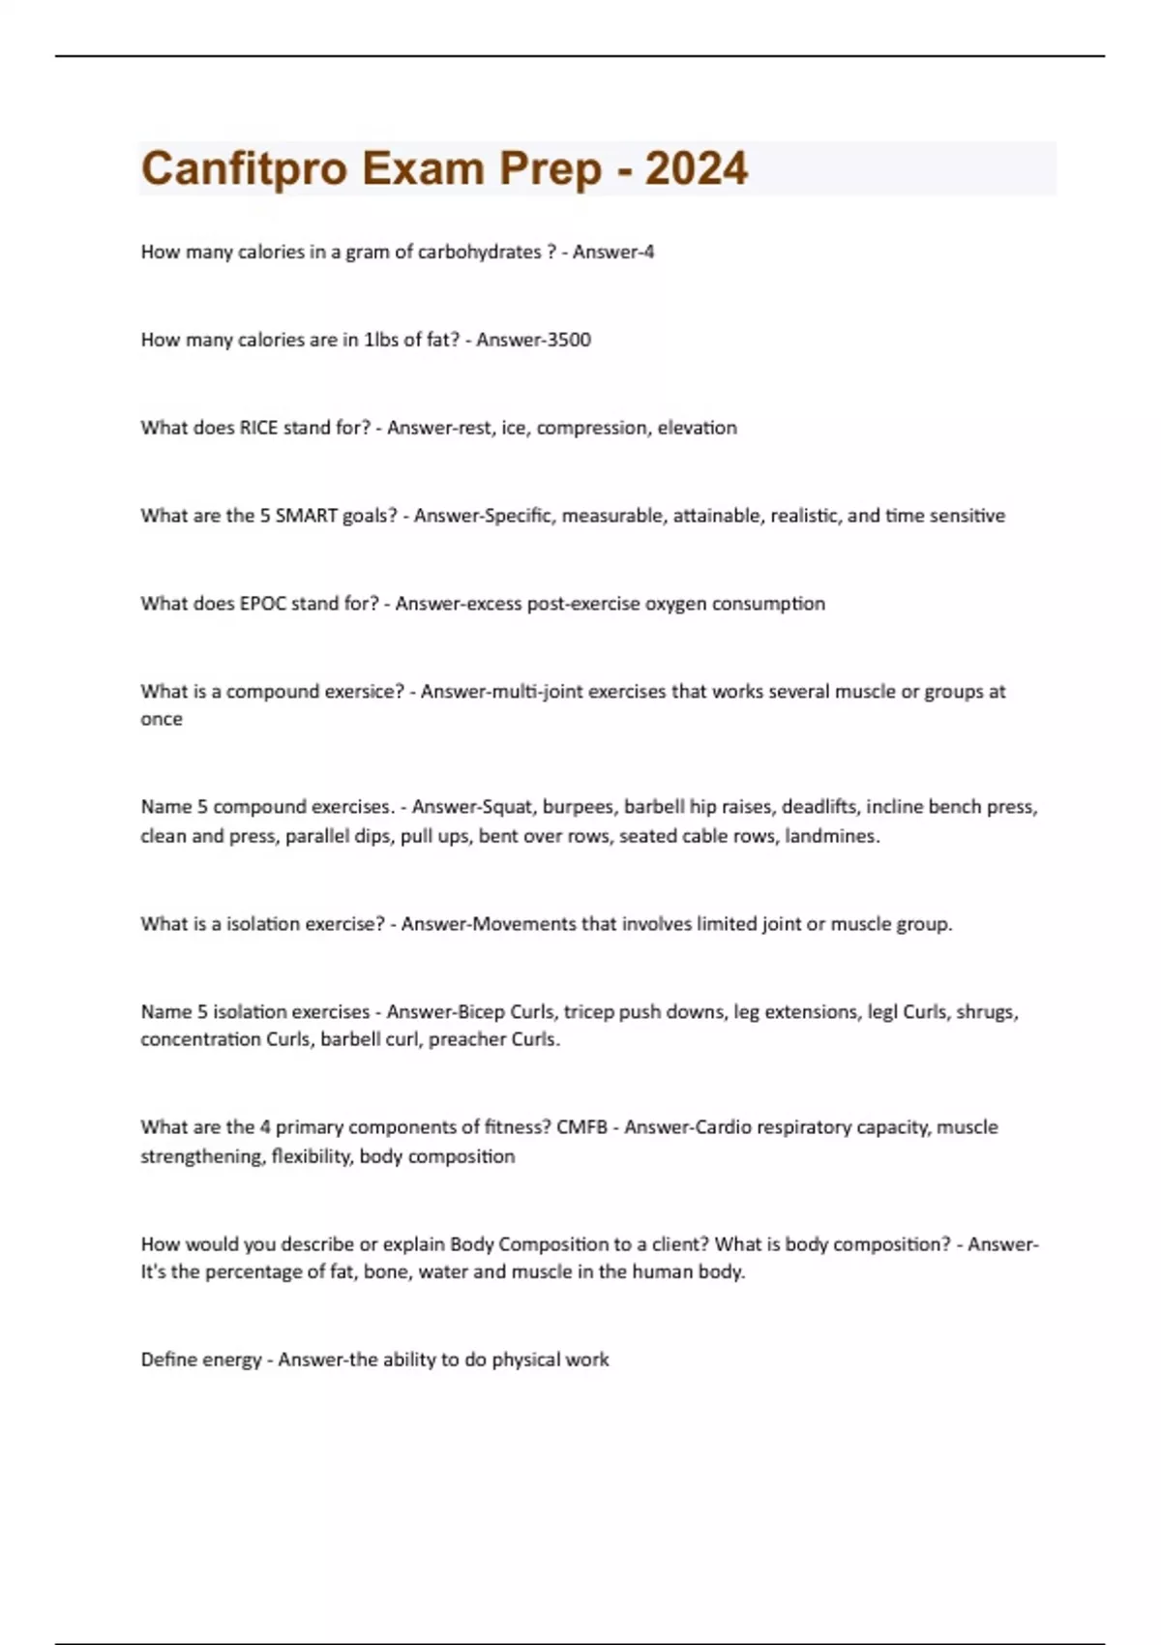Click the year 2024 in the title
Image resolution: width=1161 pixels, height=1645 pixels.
point(696,168)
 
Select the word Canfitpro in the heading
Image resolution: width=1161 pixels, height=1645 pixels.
point(244,168)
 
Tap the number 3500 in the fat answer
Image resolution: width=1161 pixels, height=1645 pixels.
point(561,340)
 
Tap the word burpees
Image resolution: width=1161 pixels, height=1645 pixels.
point(579,807)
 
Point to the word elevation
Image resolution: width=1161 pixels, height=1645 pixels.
point(697,428)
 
